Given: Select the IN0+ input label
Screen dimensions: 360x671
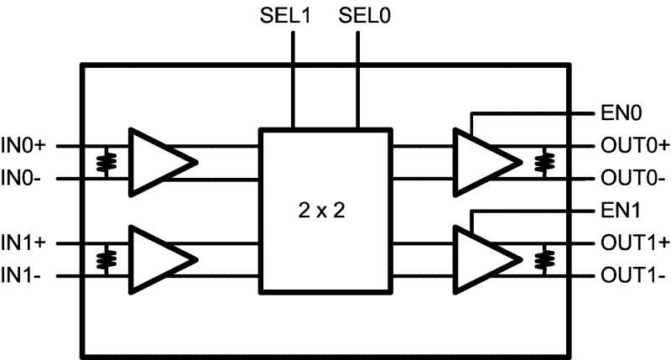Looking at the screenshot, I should coord(28,145).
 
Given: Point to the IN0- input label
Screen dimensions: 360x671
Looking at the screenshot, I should coord(26,178).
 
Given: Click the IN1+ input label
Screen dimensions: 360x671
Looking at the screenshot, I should coord(28,243).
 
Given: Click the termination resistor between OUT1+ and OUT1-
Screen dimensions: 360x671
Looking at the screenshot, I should coord(549,260).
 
